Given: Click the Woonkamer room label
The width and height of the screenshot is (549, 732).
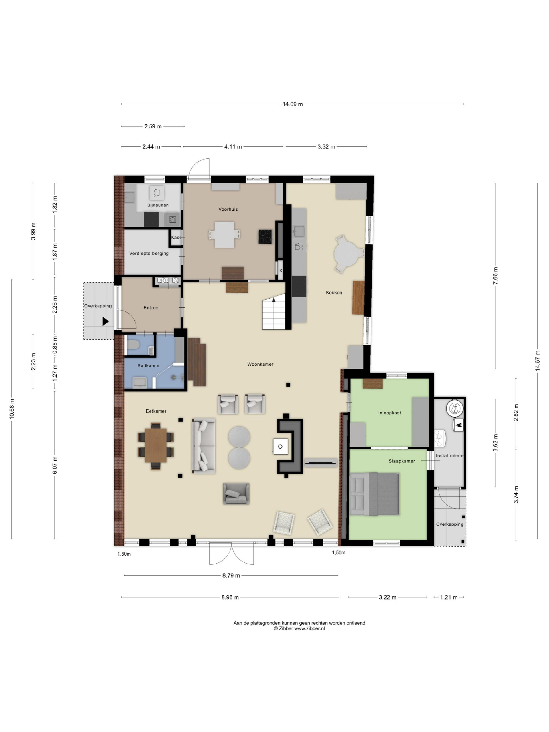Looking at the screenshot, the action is tap(260, 364).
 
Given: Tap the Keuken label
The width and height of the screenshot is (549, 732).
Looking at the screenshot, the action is tap(334, 292).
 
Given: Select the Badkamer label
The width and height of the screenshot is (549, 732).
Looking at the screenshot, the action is tap(149, 365).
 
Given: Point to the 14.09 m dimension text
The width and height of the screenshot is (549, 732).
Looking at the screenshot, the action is tap(292, 104).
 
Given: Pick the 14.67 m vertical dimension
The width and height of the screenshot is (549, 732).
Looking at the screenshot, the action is tap(537, 361).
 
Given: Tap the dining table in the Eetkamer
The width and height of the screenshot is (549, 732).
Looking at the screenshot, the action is tap(156, 445).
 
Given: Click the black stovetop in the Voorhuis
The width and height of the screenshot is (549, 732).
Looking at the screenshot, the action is tap(265, 236).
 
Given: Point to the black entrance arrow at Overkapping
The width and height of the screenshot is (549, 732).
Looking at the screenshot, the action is tap(105, 321).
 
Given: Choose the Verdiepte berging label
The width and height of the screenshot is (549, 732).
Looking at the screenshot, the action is tap(149, 254).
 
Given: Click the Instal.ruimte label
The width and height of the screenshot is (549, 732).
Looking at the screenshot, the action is tap(449, 456).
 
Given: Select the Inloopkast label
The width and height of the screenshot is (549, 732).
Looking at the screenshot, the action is tap(389, 413).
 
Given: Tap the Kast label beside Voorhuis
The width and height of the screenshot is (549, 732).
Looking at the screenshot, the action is tap(176, 237).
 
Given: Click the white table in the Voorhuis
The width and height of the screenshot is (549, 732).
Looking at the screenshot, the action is tap(224, 235).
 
